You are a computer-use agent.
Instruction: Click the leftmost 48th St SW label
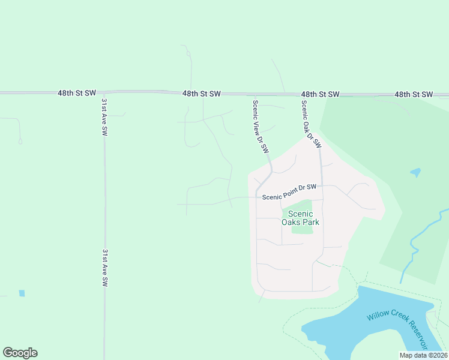(77, 94)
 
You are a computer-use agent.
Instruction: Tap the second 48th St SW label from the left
(202, 94)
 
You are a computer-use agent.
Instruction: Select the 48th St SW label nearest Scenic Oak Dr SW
(321, 94)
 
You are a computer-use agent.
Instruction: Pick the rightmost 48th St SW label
(414, 94)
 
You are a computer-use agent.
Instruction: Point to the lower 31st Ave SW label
(104, 268)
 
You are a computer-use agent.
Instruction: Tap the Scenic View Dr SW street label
(259, 126)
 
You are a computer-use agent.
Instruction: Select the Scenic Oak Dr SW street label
(311, 124)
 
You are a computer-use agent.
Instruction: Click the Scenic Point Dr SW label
(288, 191)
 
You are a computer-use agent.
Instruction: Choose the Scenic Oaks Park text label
(301, 218)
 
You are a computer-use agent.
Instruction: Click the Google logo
(20, 353)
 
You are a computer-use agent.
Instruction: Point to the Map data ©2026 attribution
(423, 355)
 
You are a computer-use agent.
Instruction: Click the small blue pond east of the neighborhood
(415, 173)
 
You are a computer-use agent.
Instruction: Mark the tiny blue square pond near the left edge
(22, 293)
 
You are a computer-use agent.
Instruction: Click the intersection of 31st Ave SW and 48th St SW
(104, 93)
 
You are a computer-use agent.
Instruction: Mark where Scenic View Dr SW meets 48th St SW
(255, 94)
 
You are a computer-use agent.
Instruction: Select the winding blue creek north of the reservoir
(414, 248)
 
